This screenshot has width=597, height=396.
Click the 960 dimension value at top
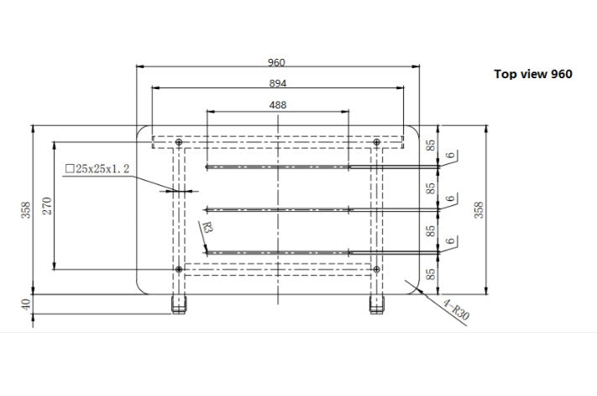(x=276, y=62)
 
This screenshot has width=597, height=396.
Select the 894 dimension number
(x=278, y=83)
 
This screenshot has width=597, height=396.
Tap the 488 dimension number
(x=278, y=105)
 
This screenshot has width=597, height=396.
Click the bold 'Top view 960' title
(x=533, y=74)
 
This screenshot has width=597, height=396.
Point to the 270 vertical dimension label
(x=47, y=206)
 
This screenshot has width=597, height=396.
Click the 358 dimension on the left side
(x=26, y=210)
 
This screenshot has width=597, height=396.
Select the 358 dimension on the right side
(x=479, y=210)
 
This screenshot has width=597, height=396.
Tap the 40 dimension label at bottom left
(x=26, y=304)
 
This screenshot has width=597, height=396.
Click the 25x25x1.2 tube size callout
(x=97, y=169)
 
